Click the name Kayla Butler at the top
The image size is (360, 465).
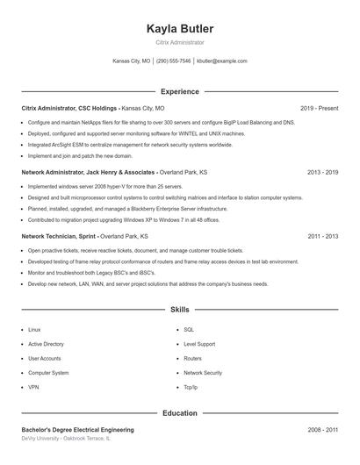tap(179, 29)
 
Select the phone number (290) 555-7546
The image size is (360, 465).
tap(173, 61)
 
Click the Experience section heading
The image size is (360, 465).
tap(179, 91)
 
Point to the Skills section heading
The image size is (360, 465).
tap(179, 310)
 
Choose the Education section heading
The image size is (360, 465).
tap(179, 412)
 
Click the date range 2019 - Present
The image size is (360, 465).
tap(319, 108)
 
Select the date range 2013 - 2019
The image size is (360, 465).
tap(322, 173)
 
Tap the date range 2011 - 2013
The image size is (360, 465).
tap(322, 237)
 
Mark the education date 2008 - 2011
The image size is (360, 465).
tap(322, 430)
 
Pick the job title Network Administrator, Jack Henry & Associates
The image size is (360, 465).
tap(88, 173)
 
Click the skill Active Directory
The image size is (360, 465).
tap(46, 344)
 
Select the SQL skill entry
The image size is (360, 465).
tap(189, 330)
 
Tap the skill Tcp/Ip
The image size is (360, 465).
tap(191, 387)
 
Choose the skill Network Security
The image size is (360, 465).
tap(203, 373)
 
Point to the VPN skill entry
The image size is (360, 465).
tap(33, 387)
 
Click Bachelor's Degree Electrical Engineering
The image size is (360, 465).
tap(77, 430)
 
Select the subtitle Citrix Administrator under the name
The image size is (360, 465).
tap(179, 42)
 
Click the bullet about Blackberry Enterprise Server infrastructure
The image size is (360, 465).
tap(127, 210)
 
